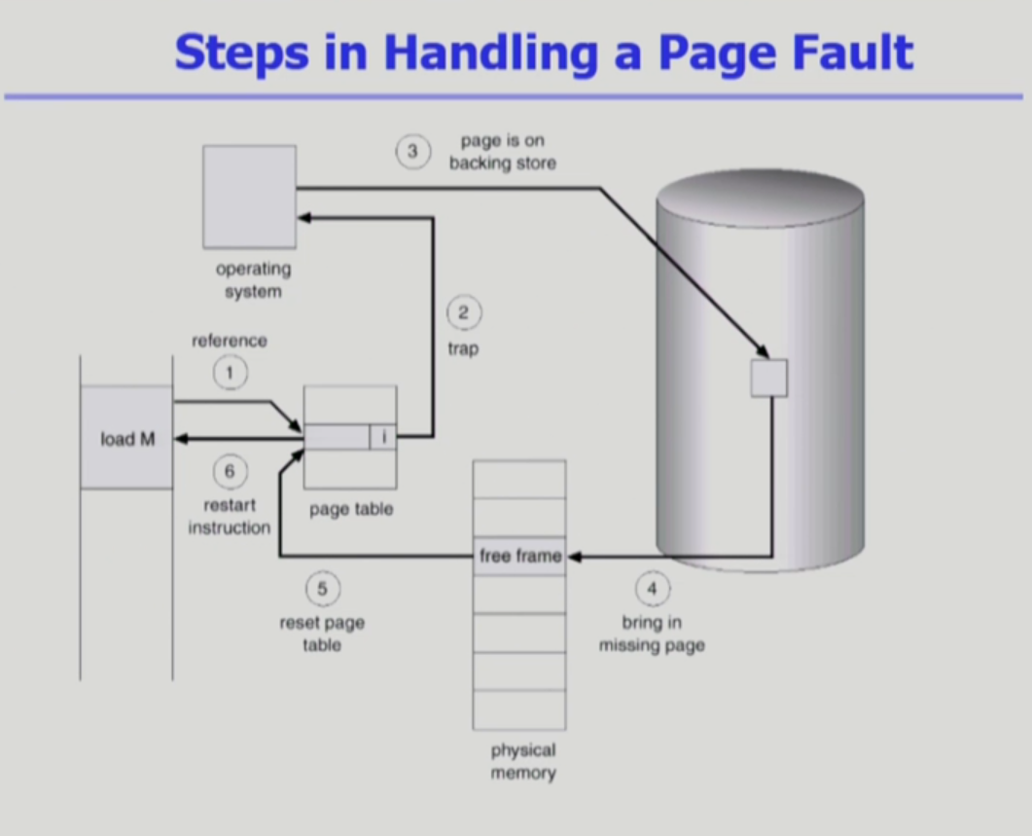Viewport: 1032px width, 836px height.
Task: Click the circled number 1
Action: [x=230, y=373]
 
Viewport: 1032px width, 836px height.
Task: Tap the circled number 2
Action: [x=463, y=313]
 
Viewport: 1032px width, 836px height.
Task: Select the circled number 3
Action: [x=411, y=152]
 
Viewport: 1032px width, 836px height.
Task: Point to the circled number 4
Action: [x=652, y=589]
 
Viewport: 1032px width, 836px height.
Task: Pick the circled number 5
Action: [x=322, y=589]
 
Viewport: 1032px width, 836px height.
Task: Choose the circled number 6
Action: [x=230, y=472]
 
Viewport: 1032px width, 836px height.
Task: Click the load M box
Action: [x=126, y=438]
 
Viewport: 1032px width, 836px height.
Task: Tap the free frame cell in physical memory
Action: [x=519, y=556]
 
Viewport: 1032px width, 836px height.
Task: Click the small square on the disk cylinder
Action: [x=768, y=378]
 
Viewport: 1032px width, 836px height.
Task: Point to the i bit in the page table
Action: [x=383, y=437]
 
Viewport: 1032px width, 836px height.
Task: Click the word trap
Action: [x=463, y=347]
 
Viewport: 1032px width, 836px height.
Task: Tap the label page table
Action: [x=351, y=509]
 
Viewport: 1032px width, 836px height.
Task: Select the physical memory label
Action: [x=522, y=762]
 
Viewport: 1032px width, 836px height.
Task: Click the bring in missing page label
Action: [x=652, y=634]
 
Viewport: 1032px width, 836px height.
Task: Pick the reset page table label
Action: [x=322, y=634]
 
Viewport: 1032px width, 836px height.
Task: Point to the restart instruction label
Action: [x=230, y=517]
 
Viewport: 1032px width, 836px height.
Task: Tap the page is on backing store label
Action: [x=502, y=152]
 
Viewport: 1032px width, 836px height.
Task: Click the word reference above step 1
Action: [x=230, y=341]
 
